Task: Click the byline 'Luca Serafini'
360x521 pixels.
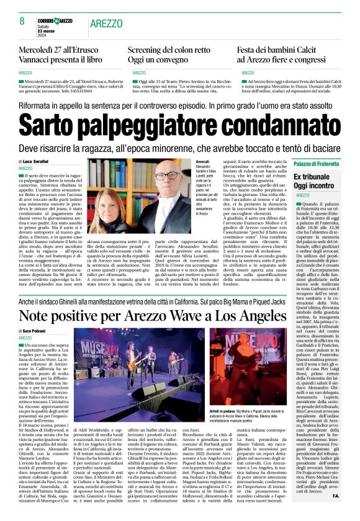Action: (x=39, y=161)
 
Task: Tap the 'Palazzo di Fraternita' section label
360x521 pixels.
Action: (x=317, y=163)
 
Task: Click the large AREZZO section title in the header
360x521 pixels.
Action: (x=106, y=24)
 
